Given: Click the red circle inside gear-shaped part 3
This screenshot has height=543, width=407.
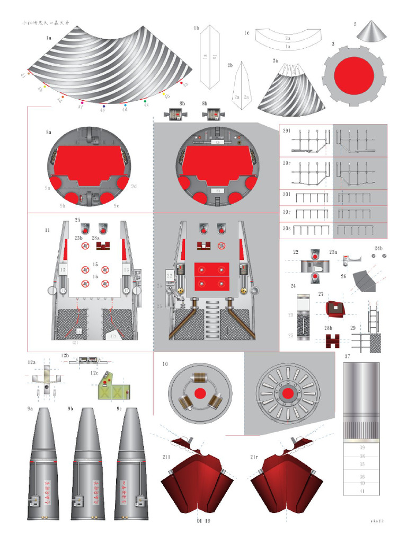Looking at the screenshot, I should (353, 75).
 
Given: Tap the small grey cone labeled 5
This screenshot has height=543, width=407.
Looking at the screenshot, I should (371, 32).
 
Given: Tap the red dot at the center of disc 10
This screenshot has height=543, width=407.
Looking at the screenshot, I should (200, 393).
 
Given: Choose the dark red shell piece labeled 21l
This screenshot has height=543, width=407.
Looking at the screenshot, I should (196, 483).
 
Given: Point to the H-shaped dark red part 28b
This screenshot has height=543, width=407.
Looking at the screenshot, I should (332, 340).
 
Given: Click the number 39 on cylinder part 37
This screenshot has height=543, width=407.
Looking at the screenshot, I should (362, 448).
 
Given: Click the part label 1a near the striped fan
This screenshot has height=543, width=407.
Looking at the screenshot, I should (48, 38).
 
